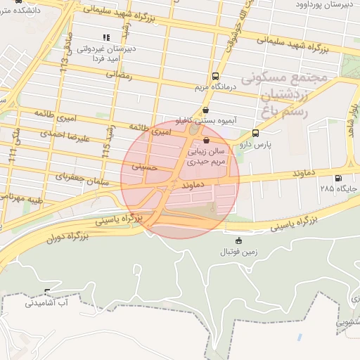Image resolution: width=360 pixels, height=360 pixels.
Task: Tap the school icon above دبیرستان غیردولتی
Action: [x=105, y=37]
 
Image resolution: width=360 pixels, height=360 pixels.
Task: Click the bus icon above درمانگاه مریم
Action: [x=214, y=77]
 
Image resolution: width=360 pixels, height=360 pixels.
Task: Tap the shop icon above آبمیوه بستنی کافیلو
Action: [x=205, y=110]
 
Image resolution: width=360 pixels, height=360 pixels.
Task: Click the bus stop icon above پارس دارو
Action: [x=255, y=131]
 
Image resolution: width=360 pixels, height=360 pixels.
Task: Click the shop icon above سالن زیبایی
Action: [x=205, y=141]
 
